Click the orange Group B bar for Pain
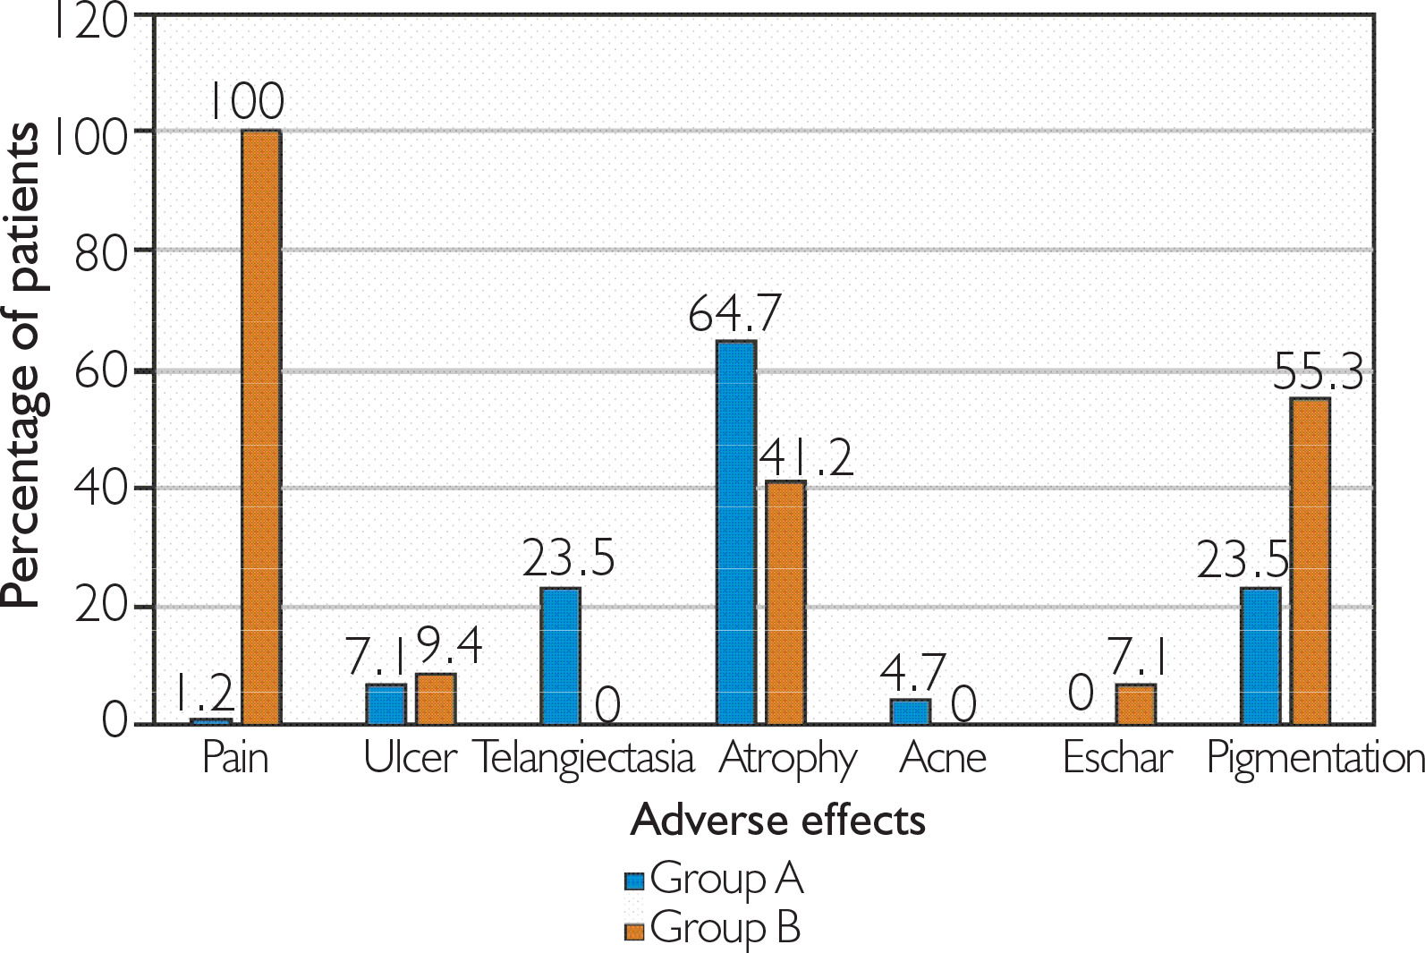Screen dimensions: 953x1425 pos(261,427)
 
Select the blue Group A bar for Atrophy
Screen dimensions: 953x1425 pos(736,532)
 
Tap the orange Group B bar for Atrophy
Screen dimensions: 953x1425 pos(785,602)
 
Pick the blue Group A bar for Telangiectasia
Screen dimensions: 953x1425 pos(561,656)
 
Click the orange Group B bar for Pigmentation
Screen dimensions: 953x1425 pos(1310,561)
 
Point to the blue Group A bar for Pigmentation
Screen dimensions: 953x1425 pos(1260,656)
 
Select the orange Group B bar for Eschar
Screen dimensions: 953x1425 pos(1135,704)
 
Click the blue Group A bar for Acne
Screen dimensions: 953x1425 pos(911,711)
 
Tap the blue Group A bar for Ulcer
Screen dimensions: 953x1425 pos(386,704)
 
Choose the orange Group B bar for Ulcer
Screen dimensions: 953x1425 pos(436,698)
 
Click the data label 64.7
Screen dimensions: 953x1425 pos(734,313)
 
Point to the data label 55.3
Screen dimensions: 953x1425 pos(1318,371)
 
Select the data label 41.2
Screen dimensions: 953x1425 pos(807,457)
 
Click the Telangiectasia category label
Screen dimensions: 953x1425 pos(583,758)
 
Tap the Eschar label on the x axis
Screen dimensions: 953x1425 pos(1117,758)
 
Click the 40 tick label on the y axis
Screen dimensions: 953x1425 pos(100,489)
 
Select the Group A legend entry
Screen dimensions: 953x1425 pos(714,879)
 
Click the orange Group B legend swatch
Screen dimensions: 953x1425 pos(634,932)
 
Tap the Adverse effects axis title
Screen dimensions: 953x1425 pos(777,820)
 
